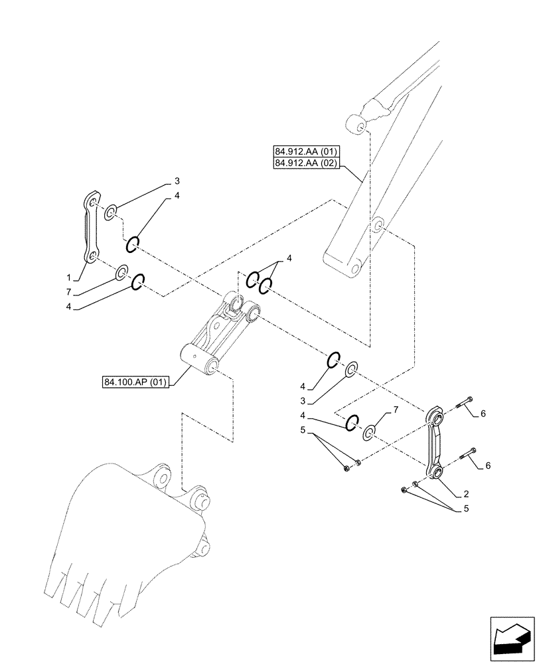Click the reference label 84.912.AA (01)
click(305, 151)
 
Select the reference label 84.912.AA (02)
click(305, 163)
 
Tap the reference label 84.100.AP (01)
click(137, 382)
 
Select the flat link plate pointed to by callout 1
click(91, 228)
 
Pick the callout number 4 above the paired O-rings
click(288, 258)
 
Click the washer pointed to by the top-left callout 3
click(110, 212)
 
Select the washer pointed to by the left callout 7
click(122, 273)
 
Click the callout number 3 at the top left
click(177, 180)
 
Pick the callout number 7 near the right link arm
click(396, 410)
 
